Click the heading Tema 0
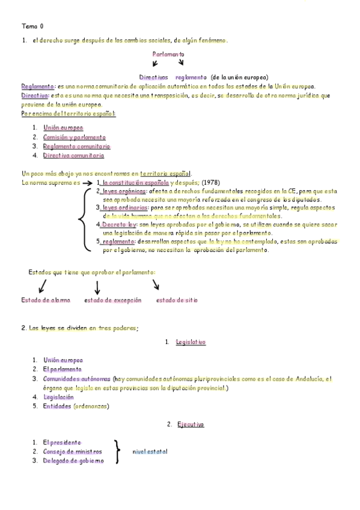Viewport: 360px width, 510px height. (x=32, y=26)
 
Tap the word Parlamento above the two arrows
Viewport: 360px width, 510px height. (x=168, y=54)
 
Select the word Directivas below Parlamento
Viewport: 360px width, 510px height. (x=153, y=78)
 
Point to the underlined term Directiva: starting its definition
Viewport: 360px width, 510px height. (x=35, y=95)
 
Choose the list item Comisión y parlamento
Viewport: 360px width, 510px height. (x=74, y=137)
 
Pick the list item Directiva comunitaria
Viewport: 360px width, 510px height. (x=73, y=155)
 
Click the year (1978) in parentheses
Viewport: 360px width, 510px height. (x=209, y=182)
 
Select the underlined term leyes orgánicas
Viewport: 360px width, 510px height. (x=125, y=191)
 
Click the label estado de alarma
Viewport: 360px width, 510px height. (x=45, y=300)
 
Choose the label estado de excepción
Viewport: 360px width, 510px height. (x=113, y=300)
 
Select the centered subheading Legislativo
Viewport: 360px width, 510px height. (x=191, y=342)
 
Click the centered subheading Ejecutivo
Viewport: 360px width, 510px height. (x=191, y=425)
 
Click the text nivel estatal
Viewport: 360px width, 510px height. (x=150, y=452)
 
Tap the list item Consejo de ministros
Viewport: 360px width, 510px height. (x=72, y=452)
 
